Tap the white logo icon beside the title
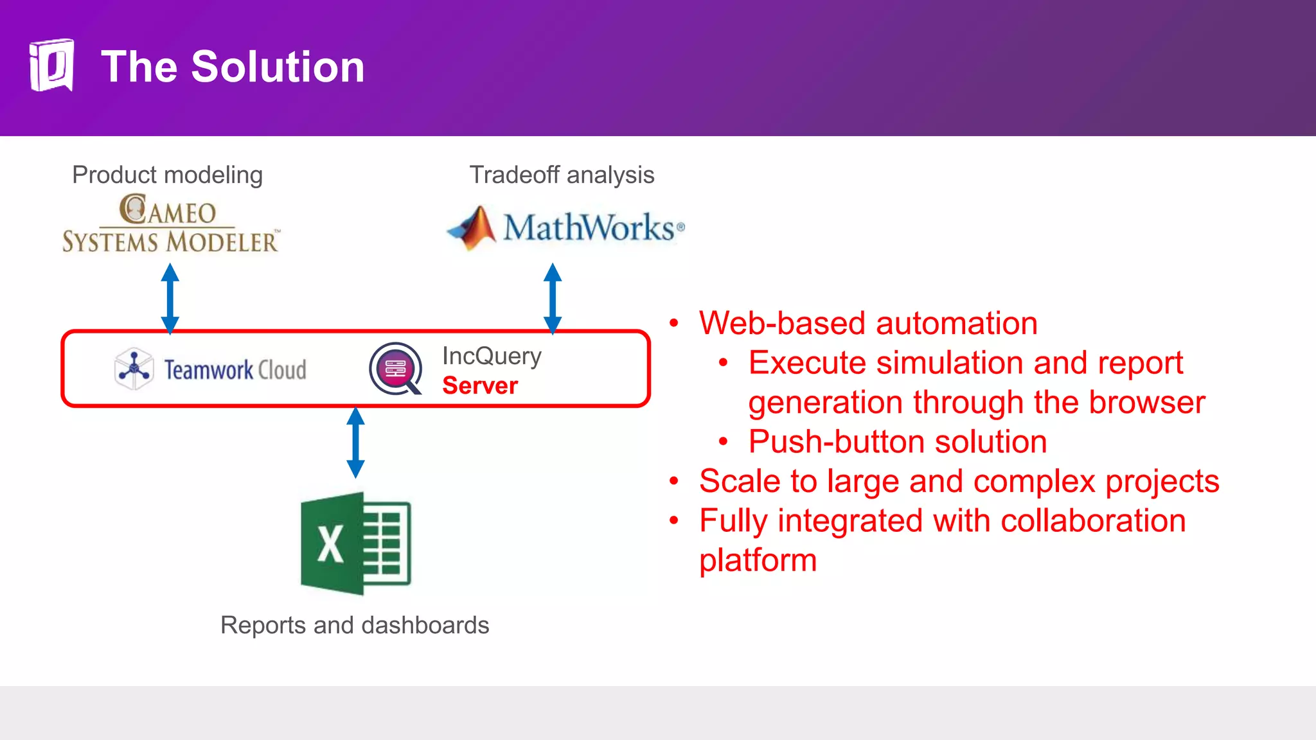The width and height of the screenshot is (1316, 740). [51, 65]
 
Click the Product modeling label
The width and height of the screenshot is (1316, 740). [167, 175]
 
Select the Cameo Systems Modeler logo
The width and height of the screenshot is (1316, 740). [170, 224]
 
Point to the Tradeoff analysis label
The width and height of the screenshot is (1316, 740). [562, 175]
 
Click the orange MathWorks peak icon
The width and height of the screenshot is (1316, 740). [474, 227]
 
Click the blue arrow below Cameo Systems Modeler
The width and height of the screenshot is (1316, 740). [170, 298]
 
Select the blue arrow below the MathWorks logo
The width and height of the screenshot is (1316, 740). [553, 298]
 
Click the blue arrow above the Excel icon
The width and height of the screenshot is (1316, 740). [355, 443]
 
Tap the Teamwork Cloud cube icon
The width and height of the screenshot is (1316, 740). [134, 369]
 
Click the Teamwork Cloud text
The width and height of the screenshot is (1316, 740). [235, 370]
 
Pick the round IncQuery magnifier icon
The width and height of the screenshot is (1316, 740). [396, 369]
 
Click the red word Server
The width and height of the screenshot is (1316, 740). [480, 385]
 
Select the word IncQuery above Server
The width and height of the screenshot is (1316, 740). [492, 356]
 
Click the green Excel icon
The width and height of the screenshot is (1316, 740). [355, 543]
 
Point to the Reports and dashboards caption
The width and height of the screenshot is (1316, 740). [355, 625]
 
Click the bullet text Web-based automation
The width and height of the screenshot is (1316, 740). [868, 323]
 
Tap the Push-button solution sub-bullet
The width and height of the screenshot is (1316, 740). [898, 442]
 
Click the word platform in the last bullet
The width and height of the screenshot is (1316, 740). [758, 560]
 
